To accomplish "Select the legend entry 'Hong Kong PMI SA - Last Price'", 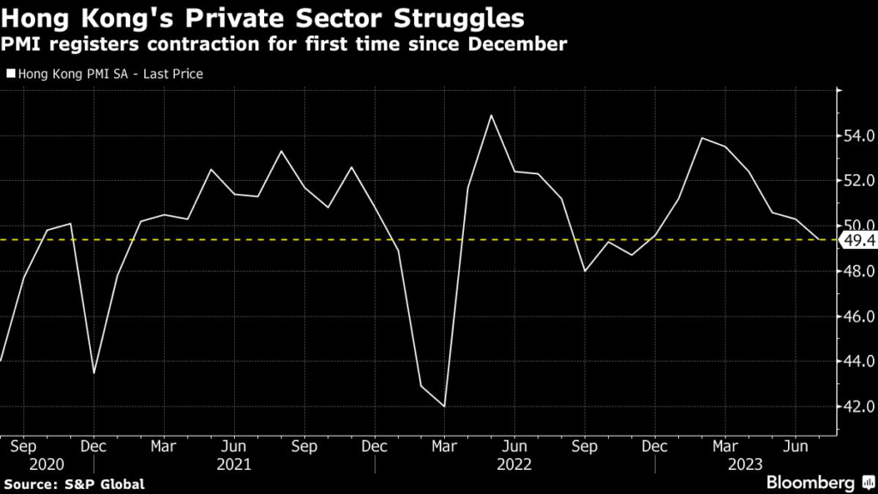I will (x=105, y=75).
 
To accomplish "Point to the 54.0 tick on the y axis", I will (x=859, y=136).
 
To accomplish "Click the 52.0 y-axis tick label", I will (x=859, y=181).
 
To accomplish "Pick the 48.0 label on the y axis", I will (x=859, y=271).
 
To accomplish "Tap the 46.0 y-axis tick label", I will (x=859, y=316).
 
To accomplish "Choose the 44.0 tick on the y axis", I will (x=859, y=361).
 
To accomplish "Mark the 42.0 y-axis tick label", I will (x=859, y=407).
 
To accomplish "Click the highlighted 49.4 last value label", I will (x=859, y=240).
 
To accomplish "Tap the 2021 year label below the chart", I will (x=235, y=464).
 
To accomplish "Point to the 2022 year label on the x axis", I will (x=514, y=464).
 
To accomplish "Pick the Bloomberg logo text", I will (x=810, y=483).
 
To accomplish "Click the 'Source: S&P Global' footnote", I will (x=74, y=485).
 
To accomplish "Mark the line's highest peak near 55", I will (x=491, y=115).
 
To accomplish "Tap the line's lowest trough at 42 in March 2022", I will (x=444, y=407).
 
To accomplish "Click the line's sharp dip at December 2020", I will (x=93, y=373).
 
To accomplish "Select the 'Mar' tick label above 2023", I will (x=725, y=447).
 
